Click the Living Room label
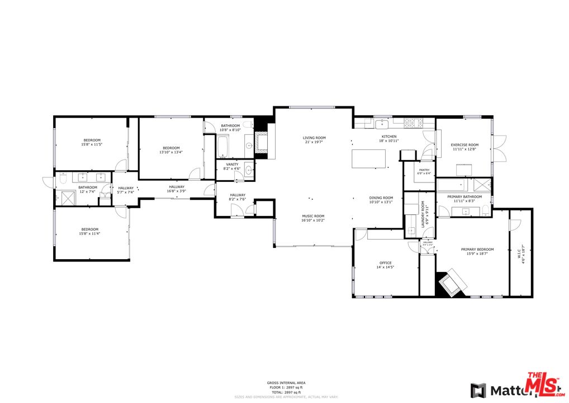tap(314, 138)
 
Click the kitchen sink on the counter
tap(383, 123)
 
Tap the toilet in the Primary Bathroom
tap(486, 210)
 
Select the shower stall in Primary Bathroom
tap(481, 185)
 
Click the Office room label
tap(385, 263)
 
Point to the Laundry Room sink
tap(411, 231)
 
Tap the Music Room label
tap(313, 216)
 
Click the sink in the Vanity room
tap(248, 171)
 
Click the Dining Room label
tap(381, 198)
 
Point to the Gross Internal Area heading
tap(286, 383)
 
